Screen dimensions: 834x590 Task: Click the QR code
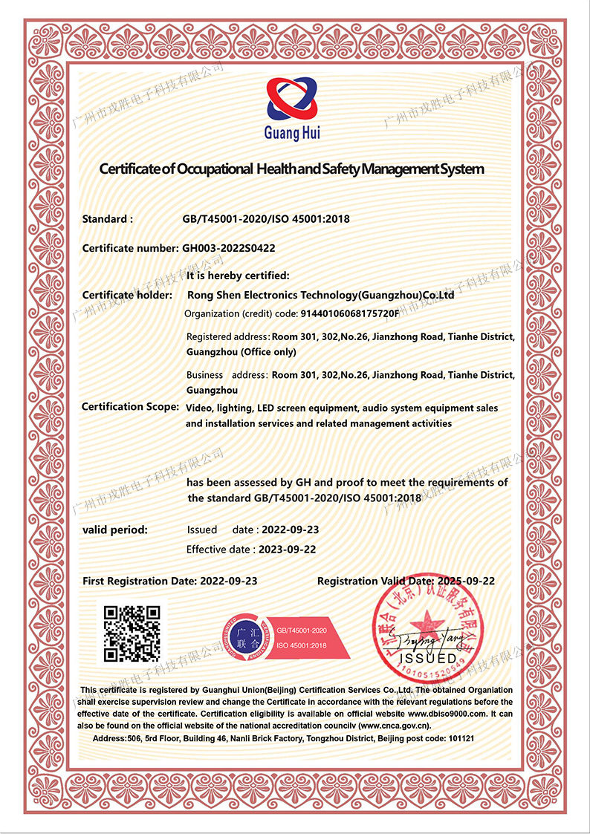[132, 633]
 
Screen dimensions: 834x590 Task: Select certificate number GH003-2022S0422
[229, 248]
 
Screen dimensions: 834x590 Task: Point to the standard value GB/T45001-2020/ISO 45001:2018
[266, 219]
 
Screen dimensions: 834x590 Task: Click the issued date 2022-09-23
[287, 530]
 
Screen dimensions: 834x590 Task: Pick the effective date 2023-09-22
[287, 550]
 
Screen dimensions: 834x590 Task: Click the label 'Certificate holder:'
[127, 296]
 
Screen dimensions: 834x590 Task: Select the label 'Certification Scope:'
[130, 406]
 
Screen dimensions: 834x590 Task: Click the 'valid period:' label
[114, 530]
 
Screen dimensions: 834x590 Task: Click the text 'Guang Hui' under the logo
[292, 134]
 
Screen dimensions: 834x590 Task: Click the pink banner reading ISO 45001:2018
[302, 645]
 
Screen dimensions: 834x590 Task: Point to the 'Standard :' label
[108, 219]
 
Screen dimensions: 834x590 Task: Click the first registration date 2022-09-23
[229, 581]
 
